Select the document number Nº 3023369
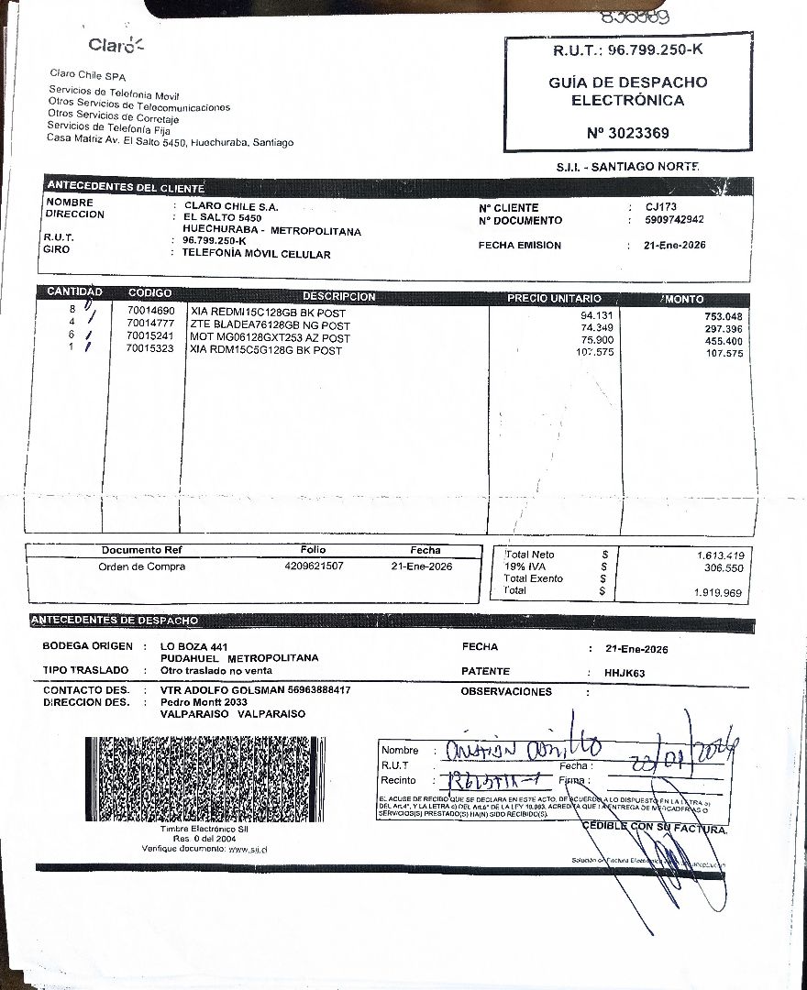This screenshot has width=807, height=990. pyautogui.click(x=627, y=133)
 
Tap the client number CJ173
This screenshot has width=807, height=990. pyautogui.click(x=660, y=207)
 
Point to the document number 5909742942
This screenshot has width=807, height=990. pyautogui.click(x=674, y=220)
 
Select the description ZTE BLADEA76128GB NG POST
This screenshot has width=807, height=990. pyautogui.click(x=270, y=325)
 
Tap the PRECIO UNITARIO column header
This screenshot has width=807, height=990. pyautogui.click(x=554, y=299)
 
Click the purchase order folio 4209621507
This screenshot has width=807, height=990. pyautogui.click(x=315, y=566)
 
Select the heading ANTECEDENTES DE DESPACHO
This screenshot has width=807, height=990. pyautogui.click(x=115, y=621)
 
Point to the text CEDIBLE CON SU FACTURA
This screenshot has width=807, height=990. pyautogui.click(x=655, y=828)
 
